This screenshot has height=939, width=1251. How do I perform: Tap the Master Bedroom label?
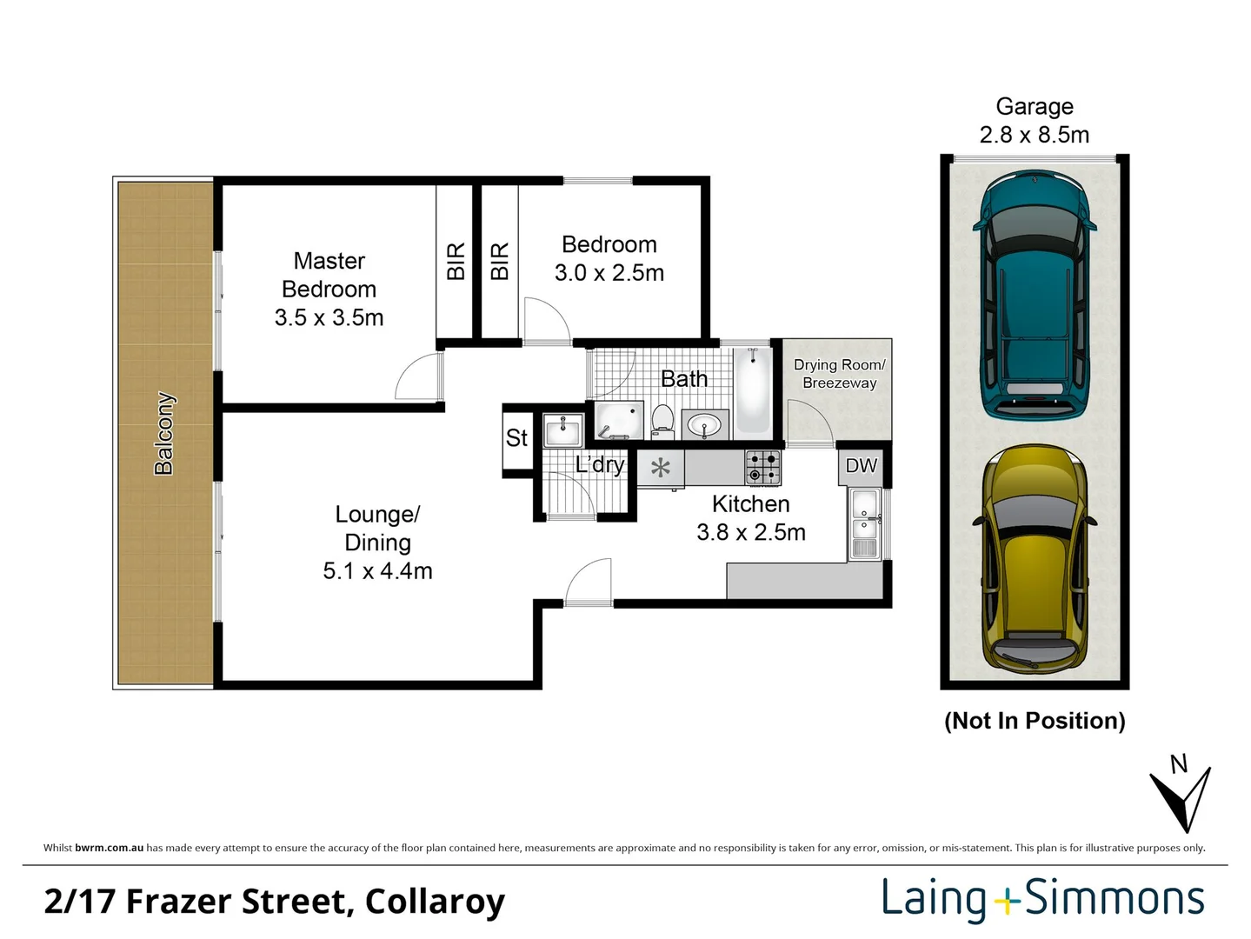(x=329, y=289)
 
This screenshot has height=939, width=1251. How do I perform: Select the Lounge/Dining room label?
(x=377, y=543)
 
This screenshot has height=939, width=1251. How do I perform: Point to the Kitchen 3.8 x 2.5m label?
(x=750, y=518)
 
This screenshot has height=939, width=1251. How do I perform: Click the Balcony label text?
(x=164, y=433)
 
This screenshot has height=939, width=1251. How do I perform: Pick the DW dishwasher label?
(x=861, y=466)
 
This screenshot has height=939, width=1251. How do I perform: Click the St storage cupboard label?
(x=516, y=438)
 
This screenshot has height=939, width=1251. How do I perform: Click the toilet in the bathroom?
(x=662, y=419)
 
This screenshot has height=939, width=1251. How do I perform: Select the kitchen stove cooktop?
(x=762, y=467)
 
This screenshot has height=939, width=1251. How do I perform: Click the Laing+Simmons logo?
(x=1042, y=899)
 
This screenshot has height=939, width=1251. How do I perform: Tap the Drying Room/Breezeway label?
(x=839, y=374)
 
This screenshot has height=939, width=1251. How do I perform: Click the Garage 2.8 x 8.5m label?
(x=1034, y=121)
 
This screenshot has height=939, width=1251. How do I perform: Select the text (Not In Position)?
(x=1034, y=721)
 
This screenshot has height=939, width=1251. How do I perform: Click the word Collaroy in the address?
(x=435, y=902)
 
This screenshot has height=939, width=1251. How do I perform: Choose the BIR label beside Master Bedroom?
(x=456, y=262)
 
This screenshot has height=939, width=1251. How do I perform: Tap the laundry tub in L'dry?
(x=562, y=430)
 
